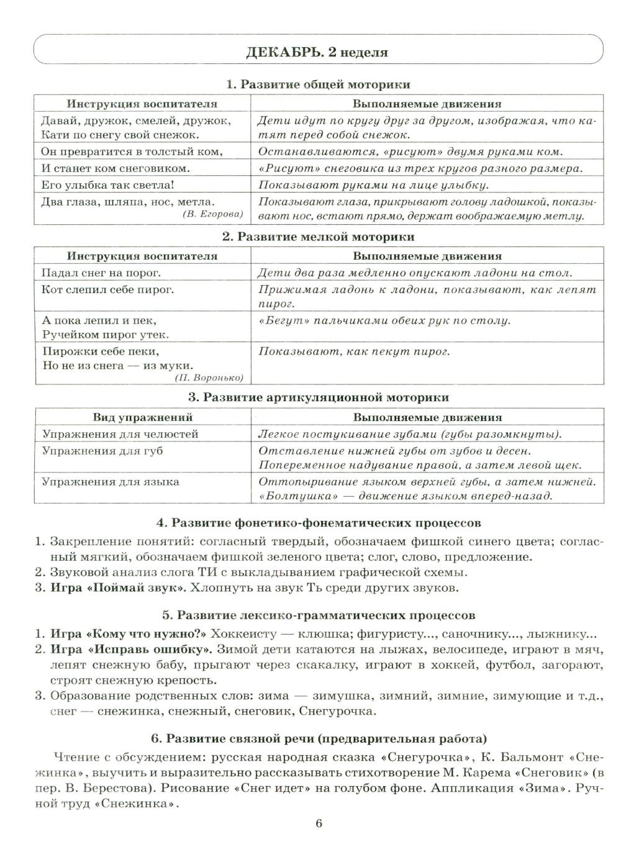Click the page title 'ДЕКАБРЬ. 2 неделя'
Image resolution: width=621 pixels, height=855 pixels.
[317, 52]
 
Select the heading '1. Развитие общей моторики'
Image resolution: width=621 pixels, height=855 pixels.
[318, 84]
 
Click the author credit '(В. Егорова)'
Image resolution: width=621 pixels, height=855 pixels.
[213, 214]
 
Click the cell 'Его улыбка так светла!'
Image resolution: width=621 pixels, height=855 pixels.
[107, 184]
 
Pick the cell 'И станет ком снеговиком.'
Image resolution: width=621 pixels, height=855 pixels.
[116, 168]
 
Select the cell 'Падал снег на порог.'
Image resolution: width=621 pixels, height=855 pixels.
[101, 272]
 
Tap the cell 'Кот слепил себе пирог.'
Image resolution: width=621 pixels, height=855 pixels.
[107, 289]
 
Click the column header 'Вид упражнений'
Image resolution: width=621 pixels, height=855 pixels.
[143, 417]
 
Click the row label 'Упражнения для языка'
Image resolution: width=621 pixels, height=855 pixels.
[111, 481]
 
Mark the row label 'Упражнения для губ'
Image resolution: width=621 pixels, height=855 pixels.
[102, 451]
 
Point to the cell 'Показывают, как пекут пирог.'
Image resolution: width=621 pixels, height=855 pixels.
[353, 351]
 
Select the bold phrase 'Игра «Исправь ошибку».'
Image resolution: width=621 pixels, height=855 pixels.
[132, 649]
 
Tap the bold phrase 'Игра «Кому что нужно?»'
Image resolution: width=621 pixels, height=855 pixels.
[129, 634]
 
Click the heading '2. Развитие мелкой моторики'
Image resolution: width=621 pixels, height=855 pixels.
[318, 237]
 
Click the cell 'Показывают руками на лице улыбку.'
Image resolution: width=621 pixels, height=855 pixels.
[373, 184]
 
